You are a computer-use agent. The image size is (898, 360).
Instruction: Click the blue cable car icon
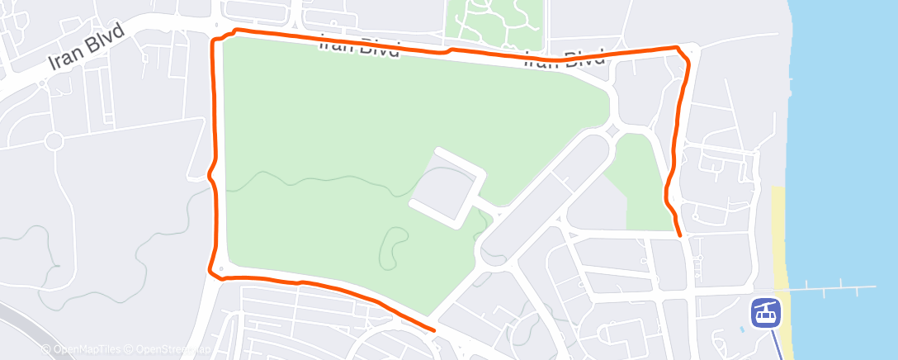(x=765, y=312)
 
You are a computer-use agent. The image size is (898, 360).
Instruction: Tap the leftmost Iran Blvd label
(x=86, y=48)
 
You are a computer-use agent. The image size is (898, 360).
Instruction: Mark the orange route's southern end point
(x=432, y=329)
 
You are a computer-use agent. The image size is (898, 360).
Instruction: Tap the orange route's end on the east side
(x=679, y=235)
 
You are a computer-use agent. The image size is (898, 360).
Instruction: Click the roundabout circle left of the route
(x=54, y=141)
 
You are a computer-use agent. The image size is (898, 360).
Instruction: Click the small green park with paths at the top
(x=494, y=23)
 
